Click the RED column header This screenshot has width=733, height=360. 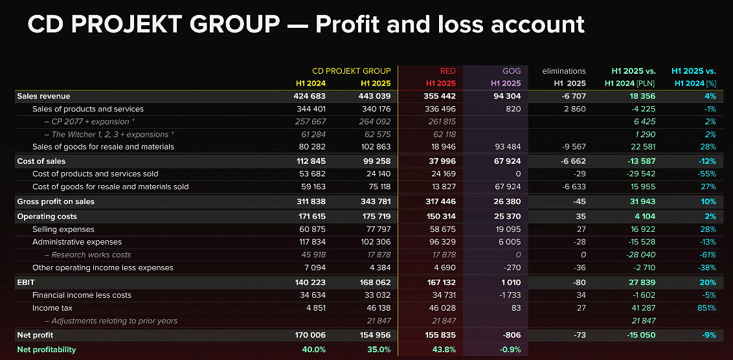pos(447,71)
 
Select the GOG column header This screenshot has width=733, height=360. pos(512,71)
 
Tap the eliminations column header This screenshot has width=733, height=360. pos(563,71)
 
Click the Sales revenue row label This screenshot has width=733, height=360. pos(43,96)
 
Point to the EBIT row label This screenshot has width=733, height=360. pos(26,282)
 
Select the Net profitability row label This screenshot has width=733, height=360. pos(47,350)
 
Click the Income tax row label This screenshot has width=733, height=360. pos(54,308)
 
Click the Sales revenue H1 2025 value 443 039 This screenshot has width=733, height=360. pos(374,96)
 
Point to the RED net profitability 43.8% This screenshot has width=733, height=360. pos(445,350)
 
